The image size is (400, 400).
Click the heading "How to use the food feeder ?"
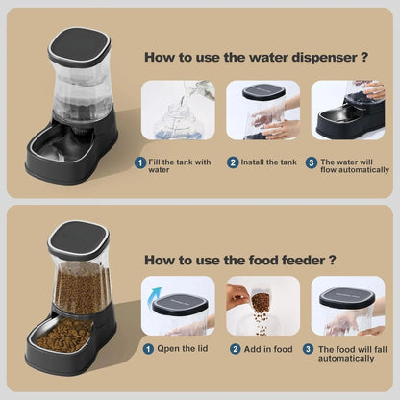tap(240, 259)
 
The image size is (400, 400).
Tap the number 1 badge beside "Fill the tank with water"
tap(141, 162)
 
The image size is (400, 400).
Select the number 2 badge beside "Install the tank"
tap(233, 162)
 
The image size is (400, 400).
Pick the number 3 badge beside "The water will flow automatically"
tap(312, 162)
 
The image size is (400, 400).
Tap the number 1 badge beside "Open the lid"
tap(148, 348)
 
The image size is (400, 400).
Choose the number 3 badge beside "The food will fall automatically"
tap(308, 348)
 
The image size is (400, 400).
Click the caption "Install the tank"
tap(267, 162)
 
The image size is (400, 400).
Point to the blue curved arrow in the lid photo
tap(154, 294)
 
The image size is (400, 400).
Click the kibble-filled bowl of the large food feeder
tap(63, 336)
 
